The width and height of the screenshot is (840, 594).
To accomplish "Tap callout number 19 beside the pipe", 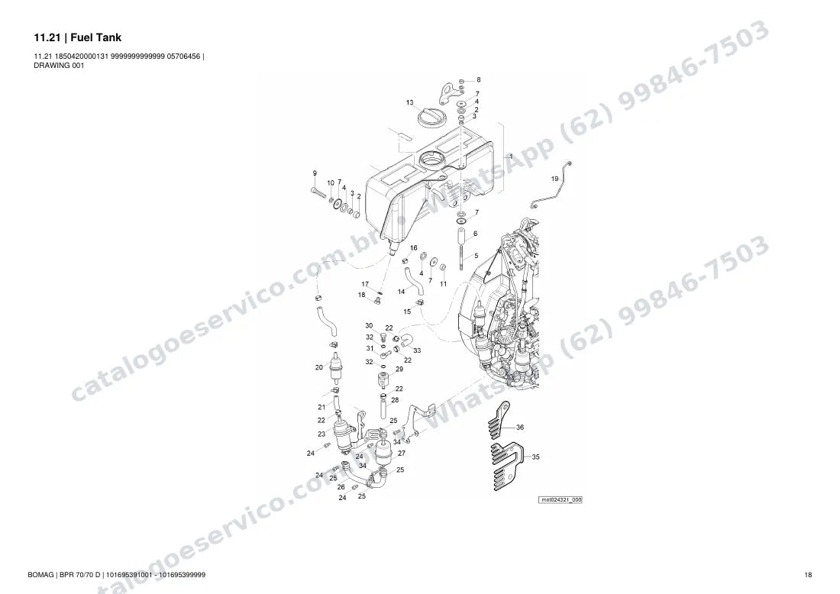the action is [x=554, y=179].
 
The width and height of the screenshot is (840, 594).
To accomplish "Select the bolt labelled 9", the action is [x=318, y=192].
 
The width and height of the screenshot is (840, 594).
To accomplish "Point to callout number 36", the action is [x=519, y=428].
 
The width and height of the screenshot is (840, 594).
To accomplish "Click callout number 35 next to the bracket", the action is [x=535, y=457].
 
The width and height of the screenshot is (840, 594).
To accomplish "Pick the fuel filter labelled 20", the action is [x=336, y=366].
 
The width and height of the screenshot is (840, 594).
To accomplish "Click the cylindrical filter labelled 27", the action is [x=383, y=454].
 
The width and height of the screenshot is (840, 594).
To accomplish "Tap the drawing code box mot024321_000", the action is [x=561, y=500].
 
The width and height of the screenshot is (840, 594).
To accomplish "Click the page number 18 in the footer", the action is [x=808, y=575].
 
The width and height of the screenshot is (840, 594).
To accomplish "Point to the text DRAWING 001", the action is [x=59, y=66].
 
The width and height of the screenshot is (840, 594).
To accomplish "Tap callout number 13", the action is [x=410, y=102].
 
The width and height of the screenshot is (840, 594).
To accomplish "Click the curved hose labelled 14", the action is [x=413, y=280].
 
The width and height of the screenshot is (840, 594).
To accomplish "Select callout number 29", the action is [x=399, y=369].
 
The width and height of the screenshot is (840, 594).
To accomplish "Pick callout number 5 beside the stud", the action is [x=477, y=256].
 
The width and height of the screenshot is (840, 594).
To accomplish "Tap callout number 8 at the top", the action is [x=478, y=80].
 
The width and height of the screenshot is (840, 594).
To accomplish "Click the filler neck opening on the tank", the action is [x=431, y=159].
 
